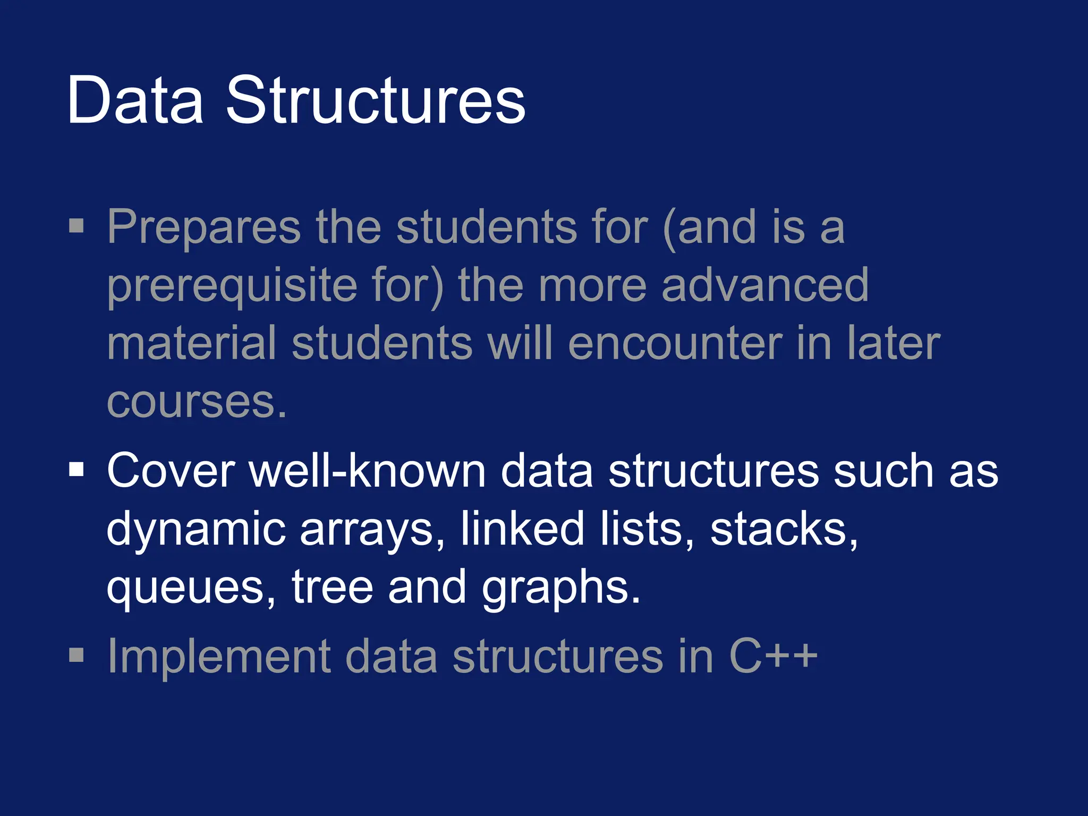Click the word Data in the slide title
click(x=135, y=100)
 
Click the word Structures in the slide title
click(x=376, y=100)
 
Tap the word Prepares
click(x=204, y=227)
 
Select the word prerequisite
click(x=232, y=286)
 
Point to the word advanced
click(x=765, y=285)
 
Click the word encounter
click(x=675, y=344)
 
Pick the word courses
click(x=197, y=402)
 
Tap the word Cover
click(x=171, y=471)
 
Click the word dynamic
click(x=197, y=529)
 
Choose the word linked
click(x=522, y=529)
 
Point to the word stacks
click(x=783, y=529)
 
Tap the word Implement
click(x=219, y=657)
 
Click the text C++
click(x=773, y=657)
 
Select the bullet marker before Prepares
click(x=76, y=225)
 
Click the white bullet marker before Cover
click(x=76, y=469)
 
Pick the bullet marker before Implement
click(x=76, y=655)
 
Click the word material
click(x=192, y=344)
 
